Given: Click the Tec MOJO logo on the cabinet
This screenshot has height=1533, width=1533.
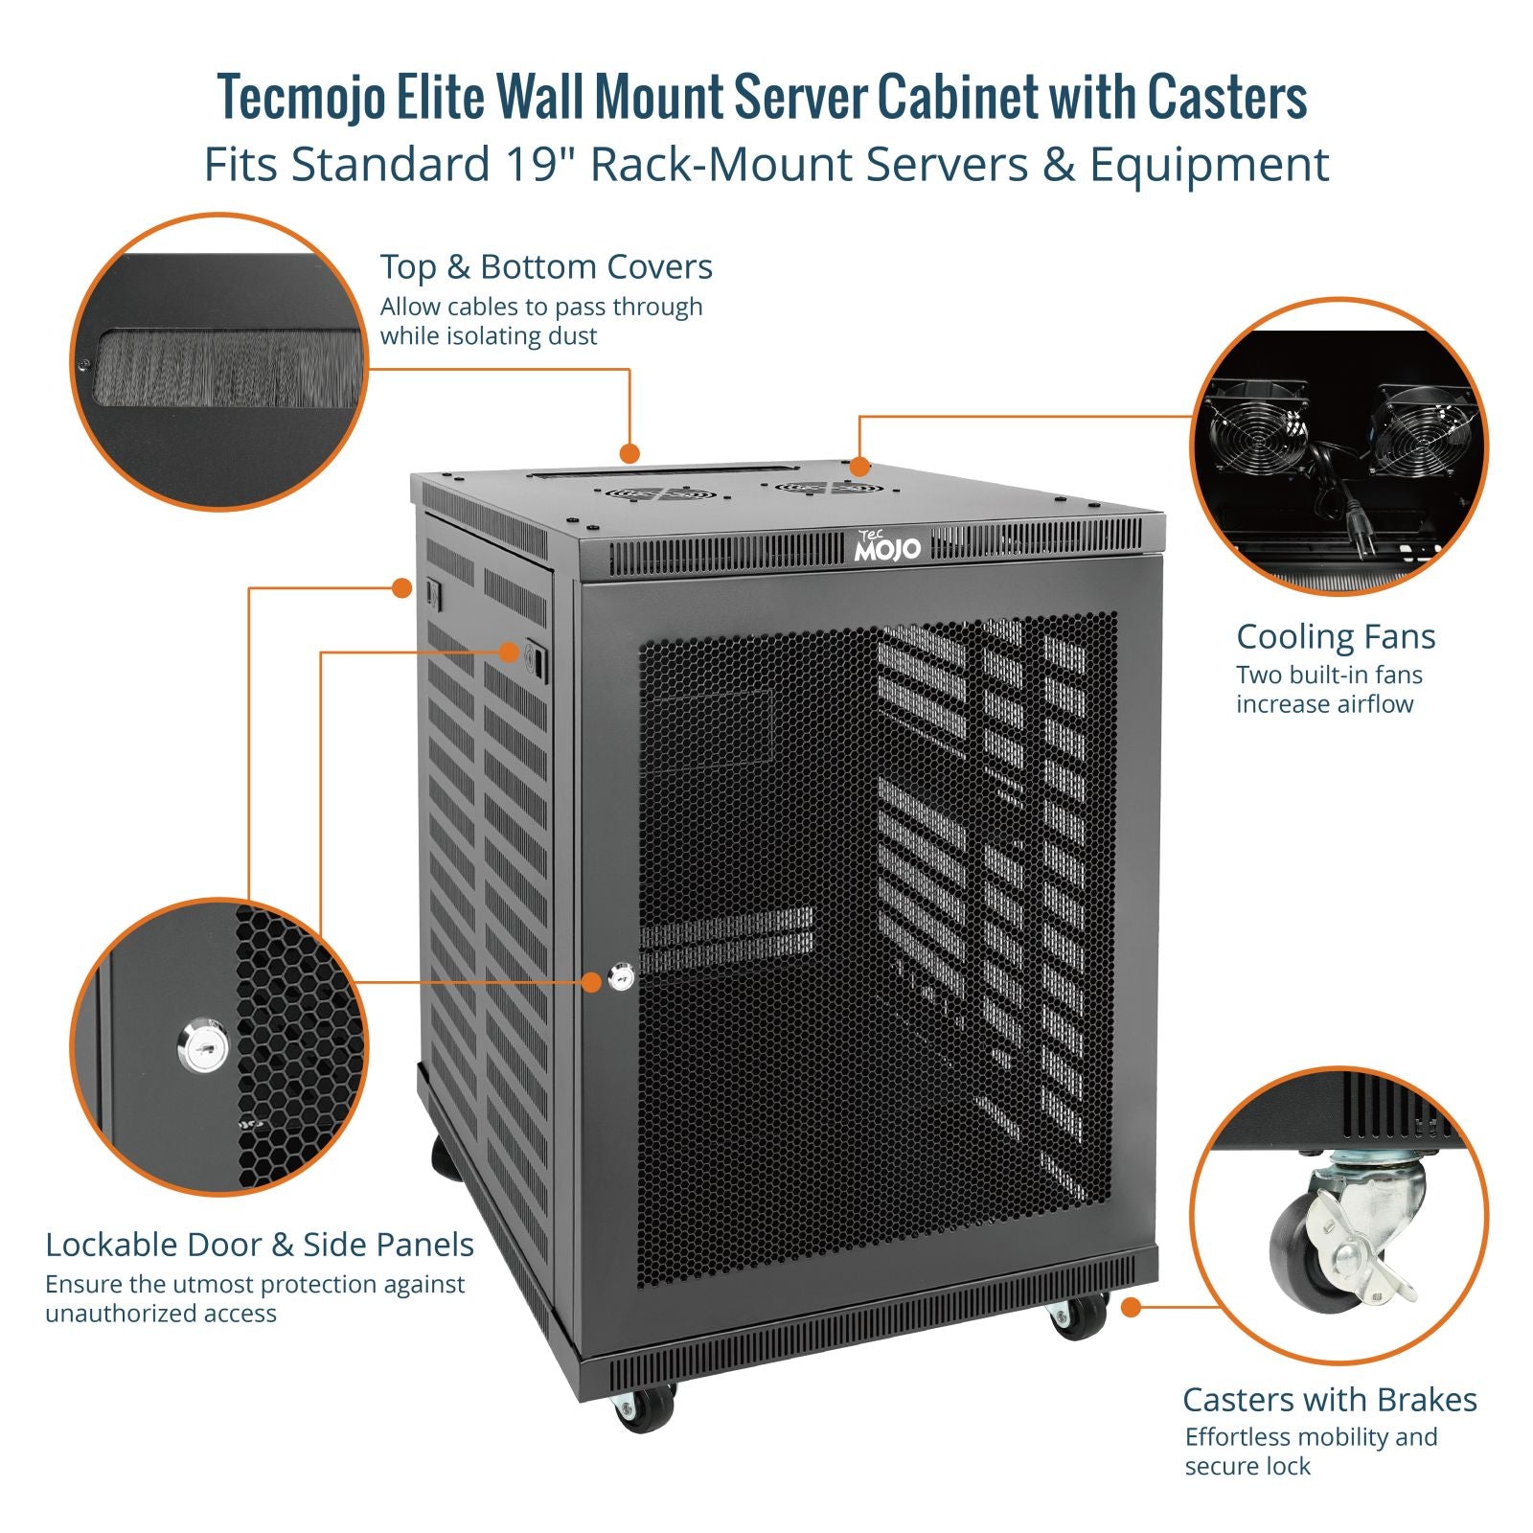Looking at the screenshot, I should pos(886,546).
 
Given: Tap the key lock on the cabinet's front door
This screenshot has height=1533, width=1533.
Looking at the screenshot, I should pos(621,979).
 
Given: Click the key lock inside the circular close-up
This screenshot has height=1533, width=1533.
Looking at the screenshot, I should pos(204,1046).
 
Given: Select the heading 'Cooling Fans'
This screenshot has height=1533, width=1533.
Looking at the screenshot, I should pos(1335,637).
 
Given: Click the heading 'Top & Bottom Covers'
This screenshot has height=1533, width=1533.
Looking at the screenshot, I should pos(546,267).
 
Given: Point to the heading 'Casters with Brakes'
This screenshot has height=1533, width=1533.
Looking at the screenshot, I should pos(1329,1400).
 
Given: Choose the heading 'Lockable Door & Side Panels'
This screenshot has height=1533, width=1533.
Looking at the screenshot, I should pos(260,1245).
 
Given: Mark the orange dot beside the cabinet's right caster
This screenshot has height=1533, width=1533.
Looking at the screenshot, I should pos(1131,1307).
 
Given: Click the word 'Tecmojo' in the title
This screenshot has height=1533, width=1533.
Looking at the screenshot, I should pos(302,98).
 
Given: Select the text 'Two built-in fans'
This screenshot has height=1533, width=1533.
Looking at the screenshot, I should pos(1329,675).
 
